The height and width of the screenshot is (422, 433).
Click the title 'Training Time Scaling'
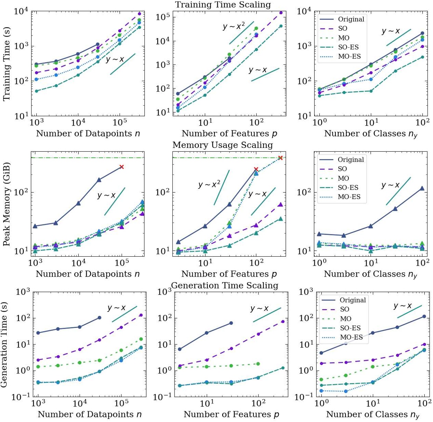pyautogui.click(x=223, y=5)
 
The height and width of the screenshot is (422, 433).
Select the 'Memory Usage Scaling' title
pyautogui.click(x=222, y=145)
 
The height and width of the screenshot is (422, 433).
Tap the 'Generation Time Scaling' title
pyautogui.click(x=225, y=286)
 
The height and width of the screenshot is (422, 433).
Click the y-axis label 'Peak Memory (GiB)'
pyautogui.click(x=6, y=204)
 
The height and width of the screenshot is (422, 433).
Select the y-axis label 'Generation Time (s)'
pyautogui.click(x=4, y=344)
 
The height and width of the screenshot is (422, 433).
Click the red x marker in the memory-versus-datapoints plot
pyautogui.click(x=121, y=167)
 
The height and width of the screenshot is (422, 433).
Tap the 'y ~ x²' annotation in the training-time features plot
pyautogui.click(x=234, y=26)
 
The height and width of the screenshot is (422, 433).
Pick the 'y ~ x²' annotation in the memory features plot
pyautogui.click(x=209, y=184)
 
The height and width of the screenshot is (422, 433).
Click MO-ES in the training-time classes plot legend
pyautogui.click(x=349, y=56)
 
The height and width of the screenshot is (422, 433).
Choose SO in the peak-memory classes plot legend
pyautogui.click(x=342, y=169)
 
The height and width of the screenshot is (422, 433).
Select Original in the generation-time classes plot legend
pyautogui.click(x=353, y=300)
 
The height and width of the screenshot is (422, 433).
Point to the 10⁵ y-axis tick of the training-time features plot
pyautogui.click(x=163, y=17)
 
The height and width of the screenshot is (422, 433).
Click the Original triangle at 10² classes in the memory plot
pyautogui.click(x=422, y=188)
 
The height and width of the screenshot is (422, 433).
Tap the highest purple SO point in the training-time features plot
pyautogui.click(x=281, y=13)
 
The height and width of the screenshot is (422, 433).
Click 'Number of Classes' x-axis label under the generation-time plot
pyautogui.click(x=372, y=415)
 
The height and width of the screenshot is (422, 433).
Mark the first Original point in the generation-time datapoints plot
pyautogui.click(x=38, y=333)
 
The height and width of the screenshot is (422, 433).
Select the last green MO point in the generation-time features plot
pyautogui.click(x=258, y=364)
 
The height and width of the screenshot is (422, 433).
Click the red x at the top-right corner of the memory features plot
pyautogui.click(x=280, y=158)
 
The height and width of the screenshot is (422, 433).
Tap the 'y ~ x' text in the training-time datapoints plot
pyautogui.click(x=115, y=59)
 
